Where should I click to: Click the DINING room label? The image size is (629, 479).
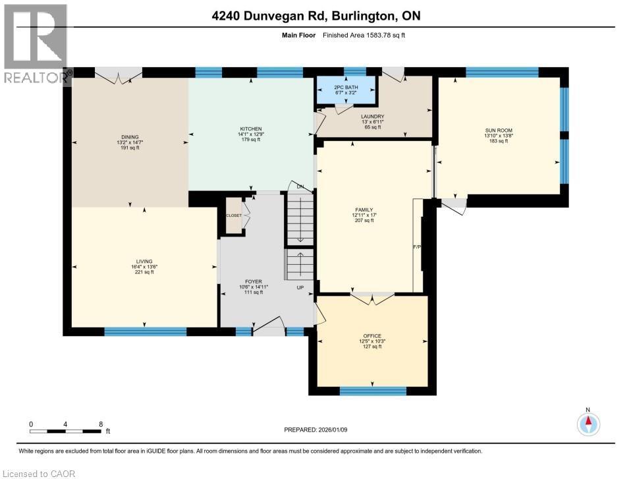(129, 137)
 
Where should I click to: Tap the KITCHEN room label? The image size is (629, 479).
(250, 129)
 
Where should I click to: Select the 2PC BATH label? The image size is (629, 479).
(345, 87)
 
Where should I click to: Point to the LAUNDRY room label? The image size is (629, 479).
(372, 117)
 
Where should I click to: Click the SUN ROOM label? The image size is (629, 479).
(499, 130)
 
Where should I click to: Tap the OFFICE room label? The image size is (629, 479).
(372, 335)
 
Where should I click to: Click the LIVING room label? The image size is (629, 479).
(144, 262)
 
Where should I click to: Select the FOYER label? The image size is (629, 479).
(254, 281)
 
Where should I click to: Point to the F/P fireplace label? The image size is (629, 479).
(416, 248)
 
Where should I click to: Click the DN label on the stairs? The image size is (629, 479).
(300, 186)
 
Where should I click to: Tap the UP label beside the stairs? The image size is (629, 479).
(300, 288)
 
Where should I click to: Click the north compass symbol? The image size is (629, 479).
(588, 422)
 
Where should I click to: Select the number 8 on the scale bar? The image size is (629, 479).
(100, 424)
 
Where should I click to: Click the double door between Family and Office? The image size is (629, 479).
(372, 298)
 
